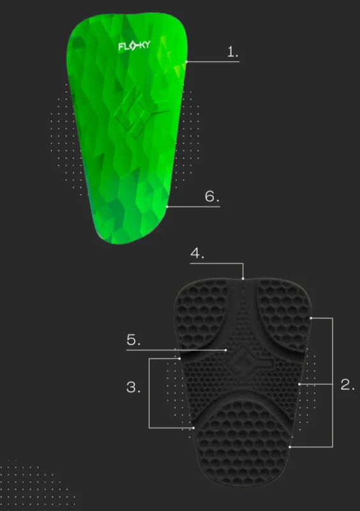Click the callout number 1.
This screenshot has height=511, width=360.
point(233,52)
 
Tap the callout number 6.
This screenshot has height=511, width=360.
point(212,197)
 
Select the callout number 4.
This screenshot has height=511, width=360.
point(197,253)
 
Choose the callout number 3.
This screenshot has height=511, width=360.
point(133,387)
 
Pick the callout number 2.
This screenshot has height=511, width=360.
point(347,385)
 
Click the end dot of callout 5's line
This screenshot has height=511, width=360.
point(227,349)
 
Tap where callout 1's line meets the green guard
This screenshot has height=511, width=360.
point(186,61)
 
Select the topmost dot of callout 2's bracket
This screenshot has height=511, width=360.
point(310,317)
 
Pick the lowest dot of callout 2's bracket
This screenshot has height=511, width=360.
point(290,447)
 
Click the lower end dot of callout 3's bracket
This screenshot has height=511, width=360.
point(193,427)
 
